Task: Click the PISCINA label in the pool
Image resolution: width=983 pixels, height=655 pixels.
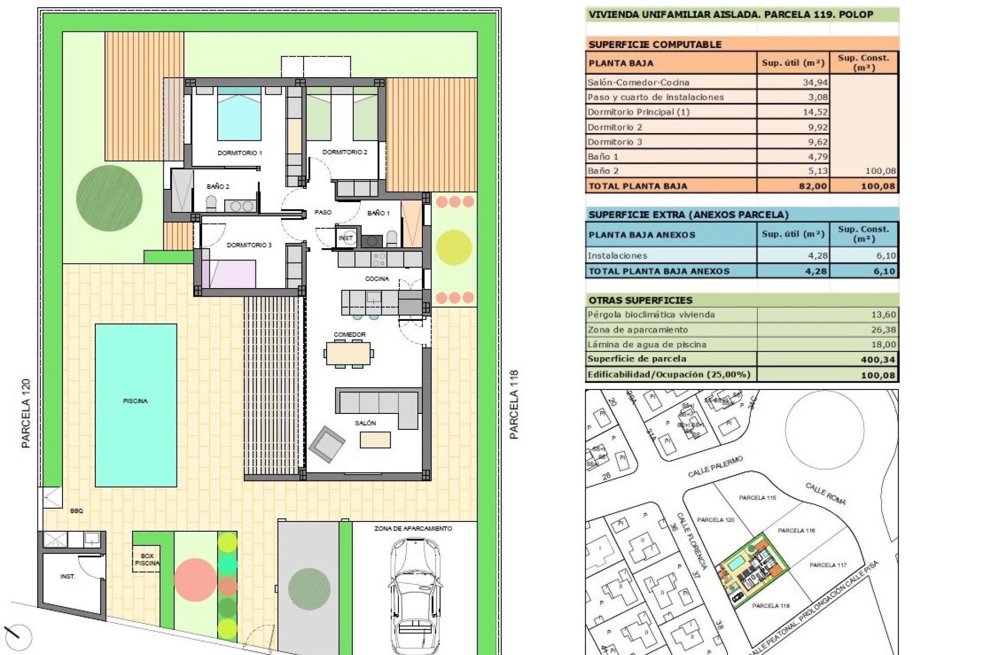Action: click(x=135, y=401)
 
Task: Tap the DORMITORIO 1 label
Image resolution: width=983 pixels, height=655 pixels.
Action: click(x=240, y=153)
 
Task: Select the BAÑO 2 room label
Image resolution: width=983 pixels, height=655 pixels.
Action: click(x=218, y=187)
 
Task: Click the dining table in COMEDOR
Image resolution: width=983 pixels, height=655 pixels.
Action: click(x=348, y=353)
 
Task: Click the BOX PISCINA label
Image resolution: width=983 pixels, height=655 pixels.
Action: click(x=147, y=559)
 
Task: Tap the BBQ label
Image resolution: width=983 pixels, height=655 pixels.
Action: click(x=77, y=511)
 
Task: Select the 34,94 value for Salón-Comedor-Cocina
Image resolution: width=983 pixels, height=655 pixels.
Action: click(x=815, y=82)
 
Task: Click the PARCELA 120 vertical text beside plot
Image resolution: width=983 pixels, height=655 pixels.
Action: click(x=26, y=413)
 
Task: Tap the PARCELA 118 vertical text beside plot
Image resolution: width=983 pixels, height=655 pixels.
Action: click(x=514, y=404)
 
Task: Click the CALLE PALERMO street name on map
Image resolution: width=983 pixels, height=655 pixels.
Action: click(x=715, y=467)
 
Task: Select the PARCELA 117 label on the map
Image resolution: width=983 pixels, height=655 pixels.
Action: click(x=828, y=565)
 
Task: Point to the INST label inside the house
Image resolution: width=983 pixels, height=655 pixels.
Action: click(x=346, y=238)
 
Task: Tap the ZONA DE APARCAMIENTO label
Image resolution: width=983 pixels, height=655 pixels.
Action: click(x=413, y=529)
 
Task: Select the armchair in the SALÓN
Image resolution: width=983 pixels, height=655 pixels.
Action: click(x=327, y=443)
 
